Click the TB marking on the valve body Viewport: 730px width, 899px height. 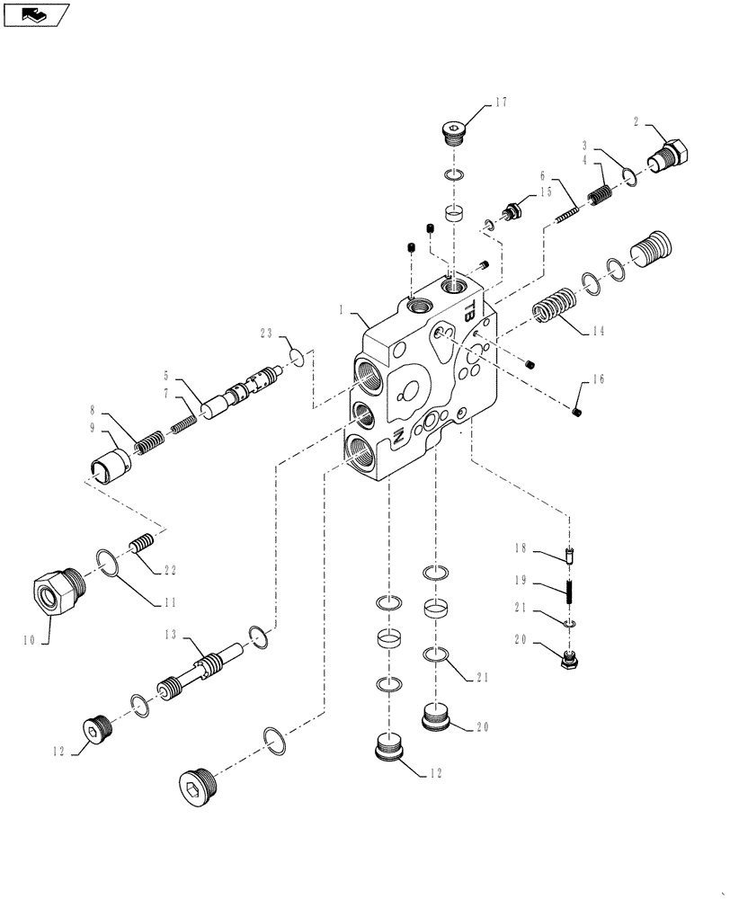coord(469,309)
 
